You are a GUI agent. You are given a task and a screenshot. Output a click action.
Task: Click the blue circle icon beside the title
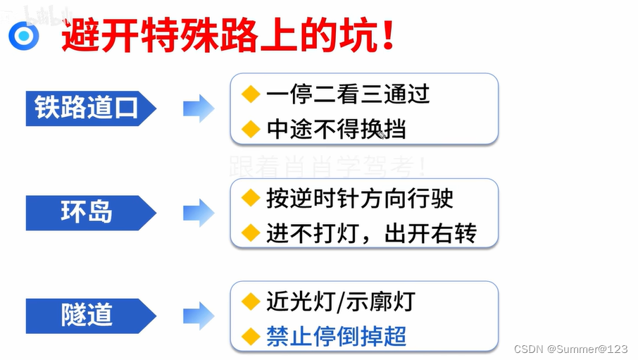click(24, 36)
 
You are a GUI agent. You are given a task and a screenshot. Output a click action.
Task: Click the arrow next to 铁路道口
click(199, 108)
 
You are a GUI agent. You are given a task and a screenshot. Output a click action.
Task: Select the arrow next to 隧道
click(199, 315)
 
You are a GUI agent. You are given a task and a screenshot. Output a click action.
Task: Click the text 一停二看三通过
click(348, 94)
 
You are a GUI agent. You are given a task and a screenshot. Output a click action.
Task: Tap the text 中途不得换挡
click(336, 129)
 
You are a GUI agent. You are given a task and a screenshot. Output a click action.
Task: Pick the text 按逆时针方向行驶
click(359, 198)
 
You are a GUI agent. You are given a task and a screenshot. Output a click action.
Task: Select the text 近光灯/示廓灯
click(340, 302)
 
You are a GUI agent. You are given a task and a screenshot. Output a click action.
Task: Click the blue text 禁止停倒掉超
click(336, 336)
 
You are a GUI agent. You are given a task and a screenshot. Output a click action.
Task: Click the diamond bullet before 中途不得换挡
click(251, 128)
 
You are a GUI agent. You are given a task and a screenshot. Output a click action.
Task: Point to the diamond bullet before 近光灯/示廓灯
click(251, 301)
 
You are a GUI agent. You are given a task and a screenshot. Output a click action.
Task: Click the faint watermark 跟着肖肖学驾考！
click(327, 166)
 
